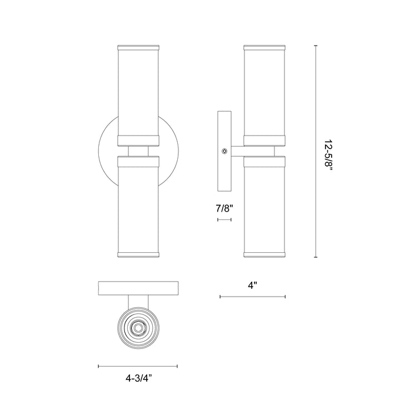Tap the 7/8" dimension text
point(224,209)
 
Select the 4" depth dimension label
point(253,286)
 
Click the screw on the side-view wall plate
point(224,151)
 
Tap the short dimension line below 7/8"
point(224,220)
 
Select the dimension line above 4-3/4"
point(138,366)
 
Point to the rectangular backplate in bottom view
point(138,288)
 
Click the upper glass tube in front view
point(138,92)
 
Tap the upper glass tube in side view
point(264,92)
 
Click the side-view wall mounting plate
point(224,150)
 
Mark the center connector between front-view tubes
point(138,151)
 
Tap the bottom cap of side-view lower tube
point(264,256)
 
